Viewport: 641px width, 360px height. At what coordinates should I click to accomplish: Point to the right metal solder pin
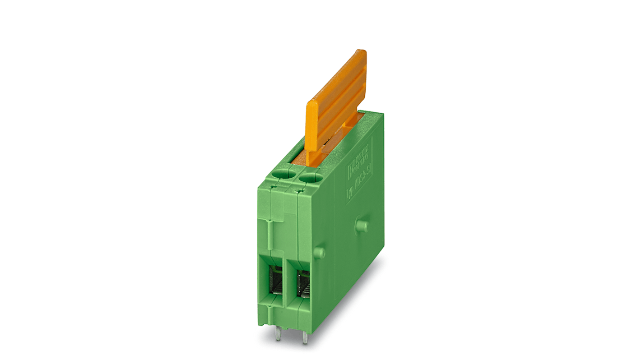click(x=306, y=337)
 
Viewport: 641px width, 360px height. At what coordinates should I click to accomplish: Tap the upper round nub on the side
click(x=361, y=225)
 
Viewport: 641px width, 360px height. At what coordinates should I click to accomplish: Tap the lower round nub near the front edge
click(x=319, y=252)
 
